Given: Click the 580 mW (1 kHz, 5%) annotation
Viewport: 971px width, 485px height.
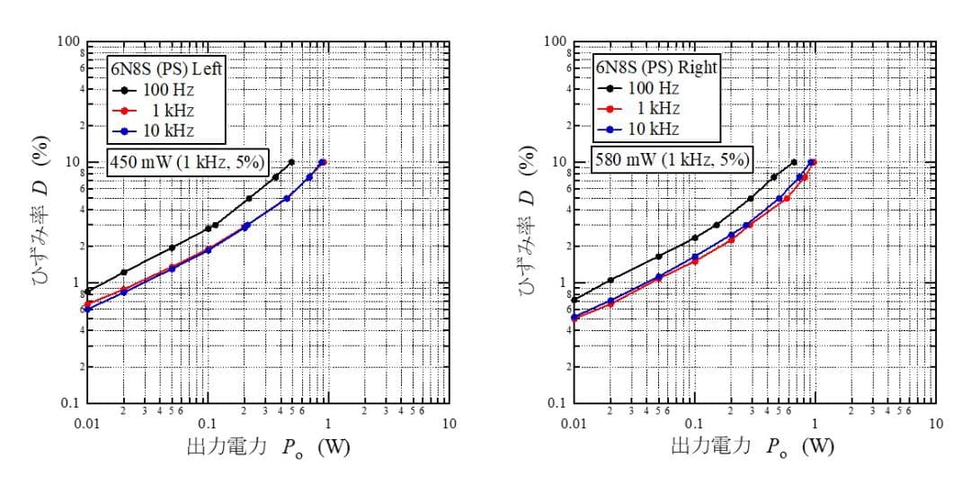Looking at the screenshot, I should tap(672, 160).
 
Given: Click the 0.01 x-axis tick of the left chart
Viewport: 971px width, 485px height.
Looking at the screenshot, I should tap(86, 424).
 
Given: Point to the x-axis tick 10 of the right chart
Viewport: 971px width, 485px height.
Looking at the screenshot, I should tap(936, 424).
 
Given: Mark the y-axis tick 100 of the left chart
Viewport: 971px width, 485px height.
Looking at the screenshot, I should tap(69, 42).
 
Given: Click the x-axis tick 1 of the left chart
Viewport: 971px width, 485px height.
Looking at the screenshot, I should tap(328, 424).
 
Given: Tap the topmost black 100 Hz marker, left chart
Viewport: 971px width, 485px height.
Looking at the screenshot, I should tap(291, 162).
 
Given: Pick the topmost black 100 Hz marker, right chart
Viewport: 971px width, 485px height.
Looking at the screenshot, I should tap(793, 162).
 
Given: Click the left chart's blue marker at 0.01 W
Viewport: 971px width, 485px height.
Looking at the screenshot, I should tap(87, 310).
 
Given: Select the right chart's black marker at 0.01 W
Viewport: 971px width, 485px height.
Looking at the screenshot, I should tap(575, 300).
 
